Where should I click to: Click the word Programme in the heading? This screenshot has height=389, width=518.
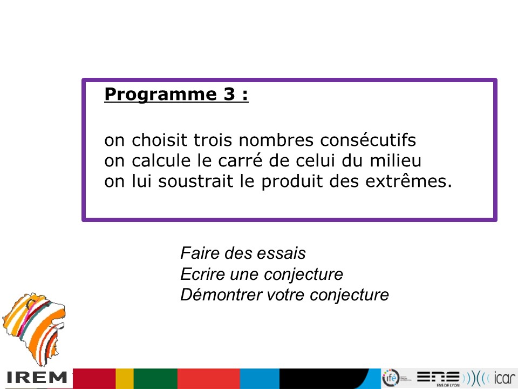click(160, 95)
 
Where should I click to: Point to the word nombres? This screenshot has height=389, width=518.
click(276, 139)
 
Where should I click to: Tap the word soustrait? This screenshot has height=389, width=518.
click(195, 182)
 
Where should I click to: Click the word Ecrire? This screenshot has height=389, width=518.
click(202, 274)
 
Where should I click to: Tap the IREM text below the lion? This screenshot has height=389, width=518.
click(37, 378)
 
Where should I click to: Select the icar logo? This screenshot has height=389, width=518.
click(505, 378)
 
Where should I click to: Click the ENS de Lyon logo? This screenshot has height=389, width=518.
click(438, 378)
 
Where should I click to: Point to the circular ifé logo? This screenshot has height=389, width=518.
click(391, 378)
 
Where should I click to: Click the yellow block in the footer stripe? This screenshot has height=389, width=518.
click(124, 379)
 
